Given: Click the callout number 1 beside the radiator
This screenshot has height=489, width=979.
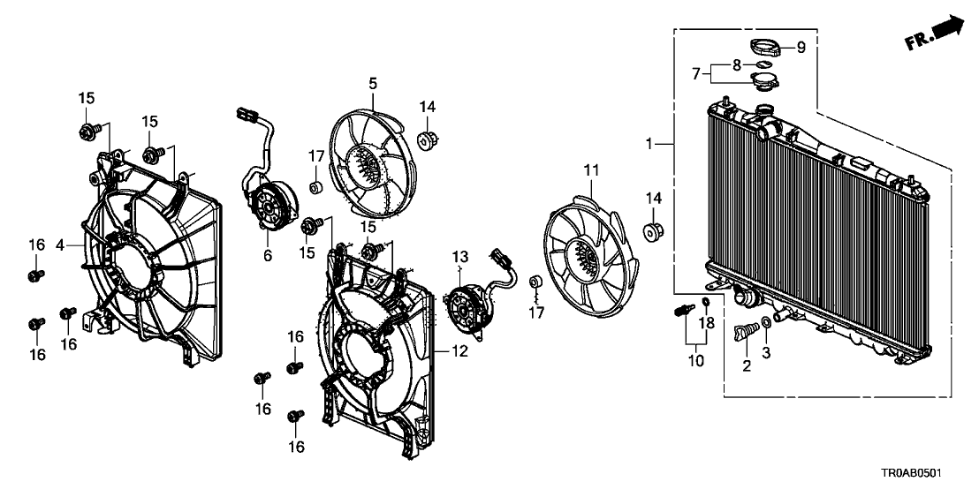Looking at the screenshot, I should [x=651, y=142].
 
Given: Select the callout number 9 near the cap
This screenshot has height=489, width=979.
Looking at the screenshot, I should [x=801, y=48].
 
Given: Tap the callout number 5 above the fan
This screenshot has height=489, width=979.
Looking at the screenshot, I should [x=373, y=84].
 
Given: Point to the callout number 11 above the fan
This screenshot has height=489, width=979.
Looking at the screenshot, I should [x=591, y=168].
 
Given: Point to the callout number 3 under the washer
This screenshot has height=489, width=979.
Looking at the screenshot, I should [x=766, y=353].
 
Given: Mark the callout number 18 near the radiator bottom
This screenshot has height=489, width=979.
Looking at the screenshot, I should [x=706, y=324].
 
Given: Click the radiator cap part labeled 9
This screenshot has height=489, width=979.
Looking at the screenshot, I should [x=765, y=46].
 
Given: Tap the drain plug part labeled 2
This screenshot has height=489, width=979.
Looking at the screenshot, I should [x=743, y=334].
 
